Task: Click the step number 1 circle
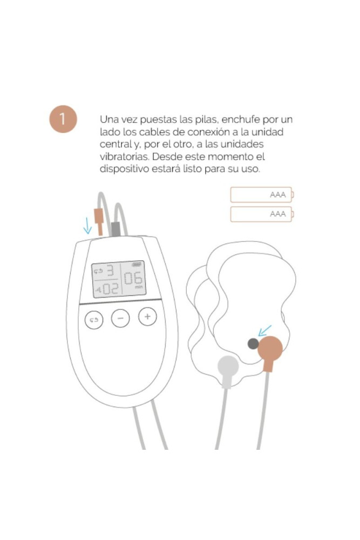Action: point(63,119)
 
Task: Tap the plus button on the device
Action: point(147,316)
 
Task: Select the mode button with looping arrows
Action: point(94,320)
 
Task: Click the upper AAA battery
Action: point(262,194)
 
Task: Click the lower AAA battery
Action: point(262,214)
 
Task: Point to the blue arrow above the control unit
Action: point(87,226)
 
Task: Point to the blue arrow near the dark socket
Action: point(264,330)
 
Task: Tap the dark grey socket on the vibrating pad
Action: point(253,343)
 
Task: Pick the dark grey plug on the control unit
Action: point(116,229)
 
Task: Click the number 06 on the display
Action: point(133,278)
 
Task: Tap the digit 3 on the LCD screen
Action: point(110,271)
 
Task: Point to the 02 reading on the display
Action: point(111,288)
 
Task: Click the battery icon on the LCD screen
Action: point(137,265)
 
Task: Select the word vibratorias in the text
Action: point(124,157)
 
